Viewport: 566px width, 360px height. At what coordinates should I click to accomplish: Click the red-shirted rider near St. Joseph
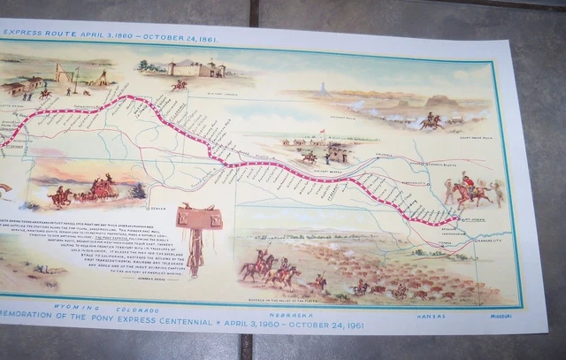click(467, 189)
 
